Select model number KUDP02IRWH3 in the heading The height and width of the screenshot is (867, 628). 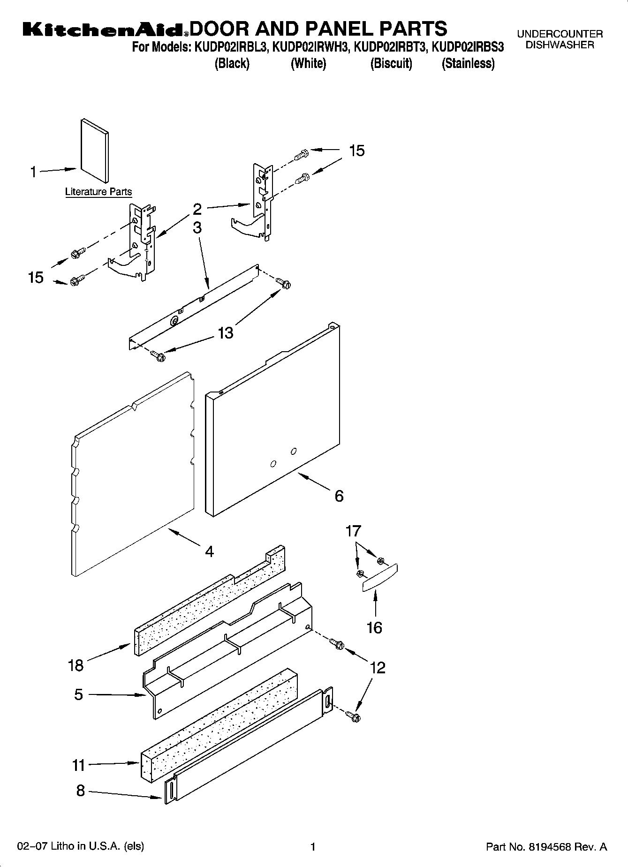[x=311, y=47]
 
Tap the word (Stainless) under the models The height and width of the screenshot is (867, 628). [x=468, y=63]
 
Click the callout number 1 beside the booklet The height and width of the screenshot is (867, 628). [x=33, y=173]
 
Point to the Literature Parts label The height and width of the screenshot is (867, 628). [x=98, y=192]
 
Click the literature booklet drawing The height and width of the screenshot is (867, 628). [x=95, y=150]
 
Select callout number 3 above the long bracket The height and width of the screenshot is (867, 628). [x=197, y=228]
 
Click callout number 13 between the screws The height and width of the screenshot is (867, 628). [x=225, y=333]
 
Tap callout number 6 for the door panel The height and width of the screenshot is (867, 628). [x=339, y=496]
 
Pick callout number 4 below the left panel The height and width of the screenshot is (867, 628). [x=209, y=551]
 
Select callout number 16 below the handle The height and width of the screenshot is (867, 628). [x=374, y=627]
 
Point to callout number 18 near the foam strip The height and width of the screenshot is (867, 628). [x=76, y=665]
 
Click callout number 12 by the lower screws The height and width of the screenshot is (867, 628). [x=377, y=667]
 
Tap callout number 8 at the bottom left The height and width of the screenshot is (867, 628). [x=80, y=791]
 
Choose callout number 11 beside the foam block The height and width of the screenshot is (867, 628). [x=78, y=765]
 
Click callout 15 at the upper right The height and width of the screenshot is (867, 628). [x=356, y=151]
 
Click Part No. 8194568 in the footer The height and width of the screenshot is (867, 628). [x=546, y=847]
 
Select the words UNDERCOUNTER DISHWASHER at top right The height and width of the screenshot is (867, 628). [x=560, y=39]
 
